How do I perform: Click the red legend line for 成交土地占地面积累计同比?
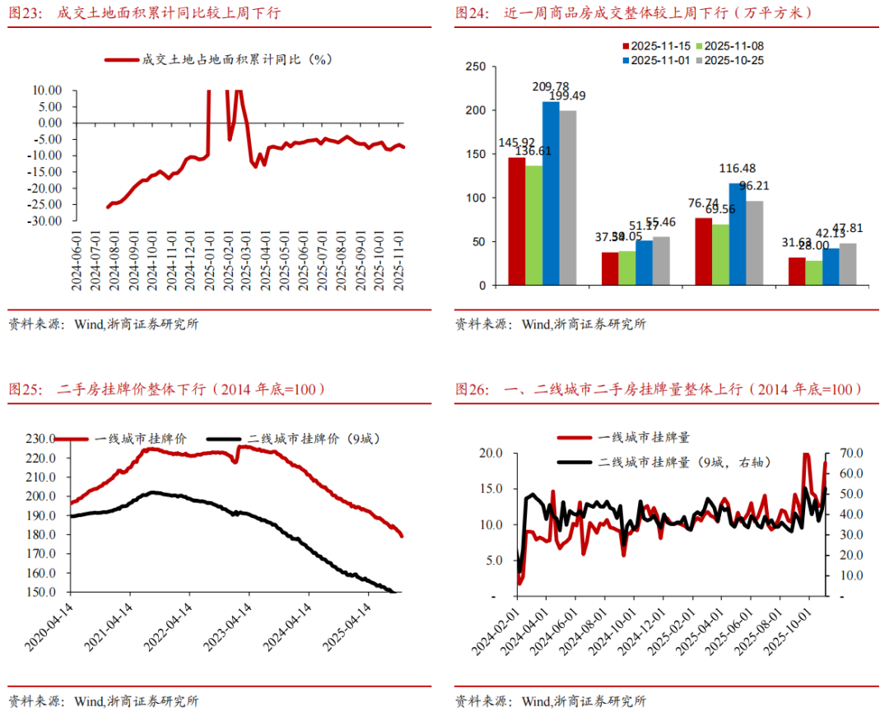click(121, 59)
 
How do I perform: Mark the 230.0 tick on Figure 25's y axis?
click(40, 439)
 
